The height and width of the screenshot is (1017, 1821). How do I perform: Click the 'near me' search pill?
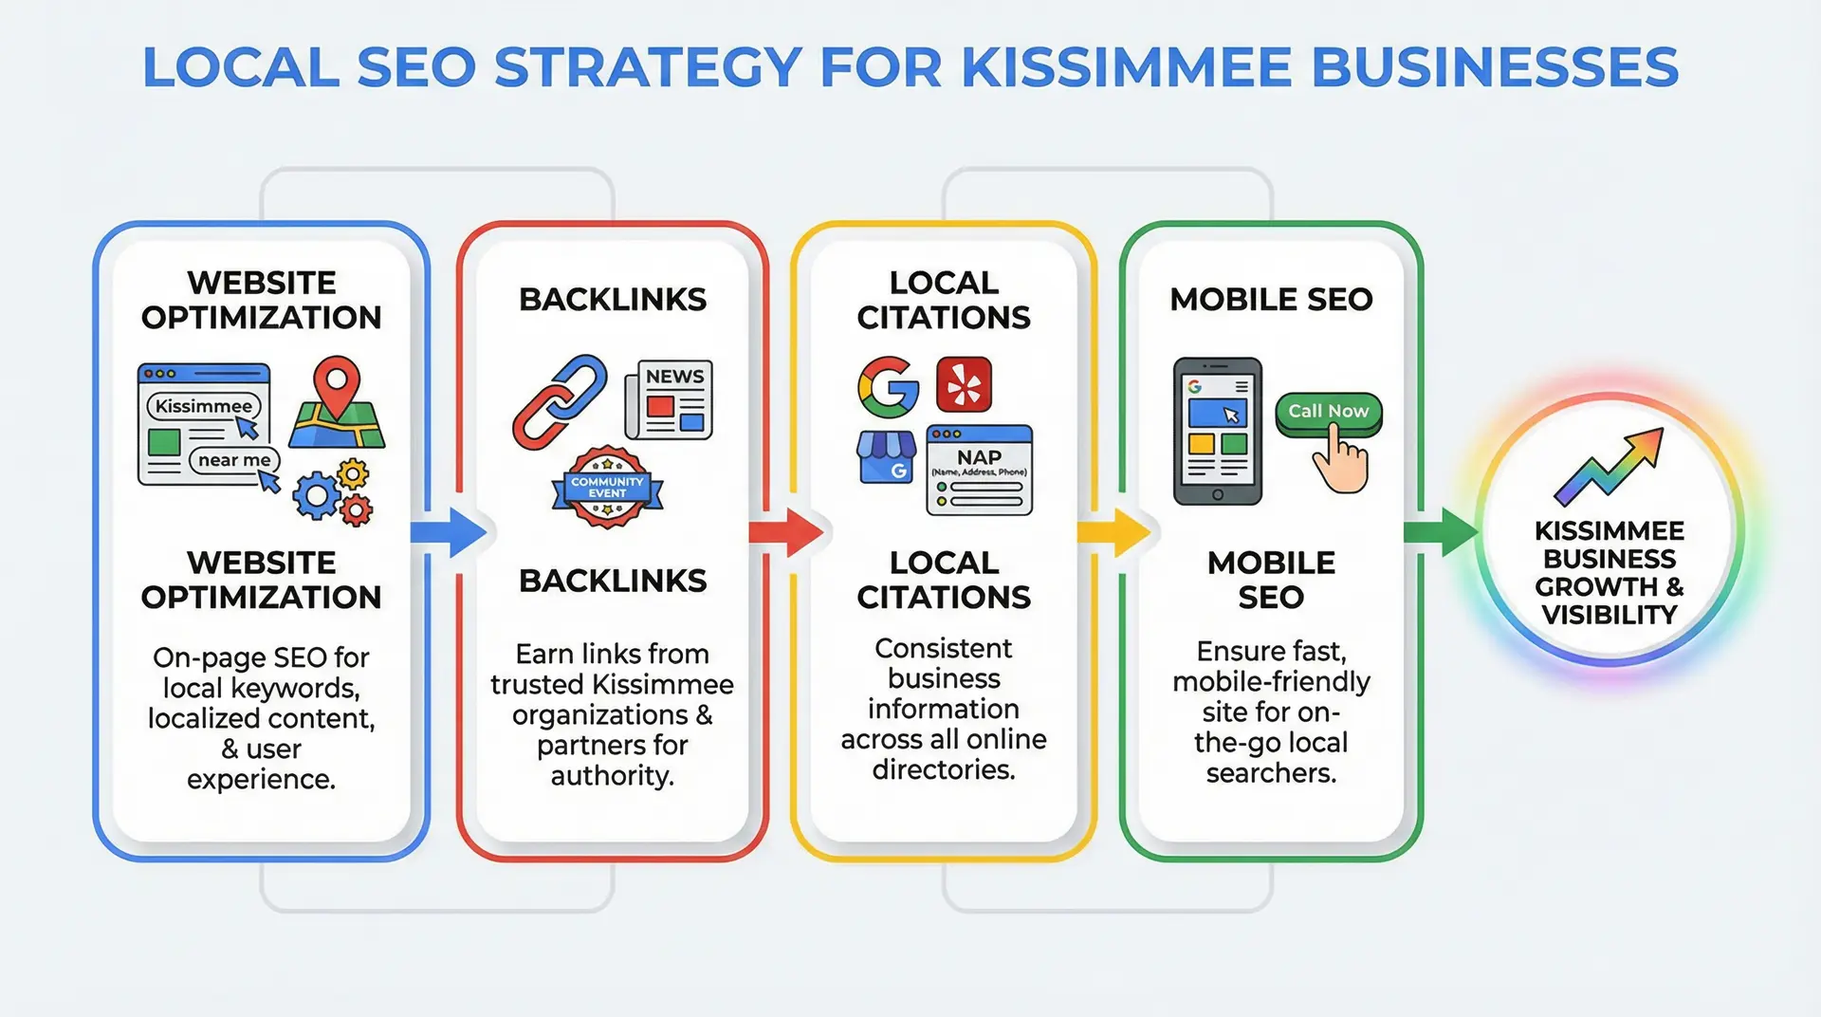(234, 460)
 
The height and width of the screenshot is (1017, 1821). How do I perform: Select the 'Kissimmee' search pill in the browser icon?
(203, 406)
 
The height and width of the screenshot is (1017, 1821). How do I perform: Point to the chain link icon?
(560, 401)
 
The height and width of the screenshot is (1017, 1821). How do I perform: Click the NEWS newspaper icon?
(669, 399)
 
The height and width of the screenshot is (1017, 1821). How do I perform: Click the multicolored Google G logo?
(888, 387)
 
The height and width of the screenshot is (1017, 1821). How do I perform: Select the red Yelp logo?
(964, 385)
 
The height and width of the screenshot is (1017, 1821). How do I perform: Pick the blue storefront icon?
(886, 457)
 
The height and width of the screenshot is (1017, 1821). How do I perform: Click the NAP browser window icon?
(979, 470)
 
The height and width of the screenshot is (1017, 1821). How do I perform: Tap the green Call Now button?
(1328, 412)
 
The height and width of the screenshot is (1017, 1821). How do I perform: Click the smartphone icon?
(1218, 431)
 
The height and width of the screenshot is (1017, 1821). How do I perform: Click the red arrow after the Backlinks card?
(786, 532)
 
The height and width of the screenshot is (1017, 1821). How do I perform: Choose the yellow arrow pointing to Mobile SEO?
(1114, 532)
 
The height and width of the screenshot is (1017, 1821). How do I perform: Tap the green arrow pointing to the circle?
(1442, 532)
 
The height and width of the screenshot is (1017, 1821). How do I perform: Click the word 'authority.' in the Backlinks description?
(612, 776)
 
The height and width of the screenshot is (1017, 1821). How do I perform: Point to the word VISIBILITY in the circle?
(1609, 615)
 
